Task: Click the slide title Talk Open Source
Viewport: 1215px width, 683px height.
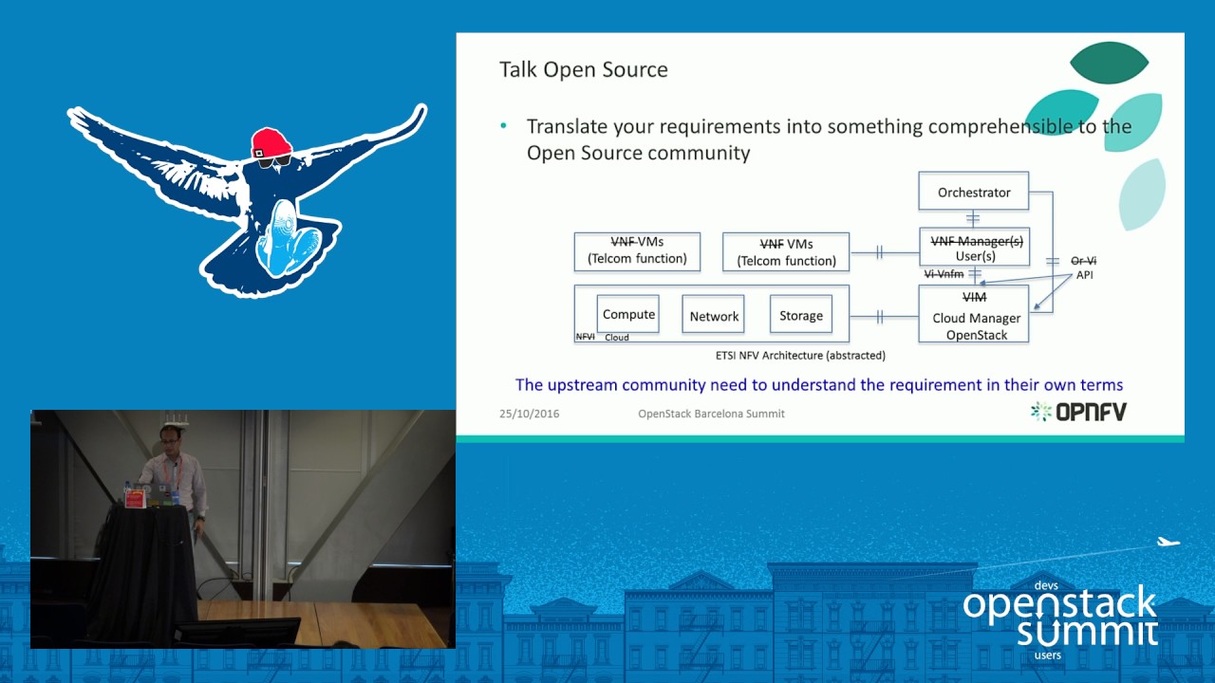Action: (583, 69)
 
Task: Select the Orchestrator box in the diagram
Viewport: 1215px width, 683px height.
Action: (973, 192)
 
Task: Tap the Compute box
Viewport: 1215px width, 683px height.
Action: (628, 314)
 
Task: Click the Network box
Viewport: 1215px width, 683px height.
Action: (714, 316)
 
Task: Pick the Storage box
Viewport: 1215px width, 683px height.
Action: (800, 316)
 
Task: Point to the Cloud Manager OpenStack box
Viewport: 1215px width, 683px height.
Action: (975, 317)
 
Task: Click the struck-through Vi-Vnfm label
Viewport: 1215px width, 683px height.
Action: (944, 274)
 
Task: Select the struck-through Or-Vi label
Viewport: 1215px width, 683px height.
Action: (1083, 261)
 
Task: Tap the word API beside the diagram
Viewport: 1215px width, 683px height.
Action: (1084, 275)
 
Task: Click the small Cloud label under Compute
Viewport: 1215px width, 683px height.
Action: (617, 338)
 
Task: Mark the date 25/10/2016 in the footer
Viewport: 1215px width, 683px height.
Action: (529, 414)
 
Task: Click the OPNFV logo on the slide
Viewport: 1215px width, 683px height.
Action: (1078, 411)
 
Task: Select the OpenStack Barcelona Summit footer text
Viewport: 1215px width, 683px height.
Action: (711, 414)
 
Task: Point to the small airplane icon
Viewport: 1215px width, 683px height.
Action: (1168, 543)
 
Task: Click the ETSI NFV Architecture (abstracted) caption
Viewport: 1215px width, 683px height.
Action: (800, 356)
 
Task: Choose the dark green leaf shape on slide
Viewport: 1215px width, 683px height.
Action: (1109, 63)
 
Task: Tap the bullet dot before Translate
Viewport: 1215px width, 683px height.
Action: (504, 126)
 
